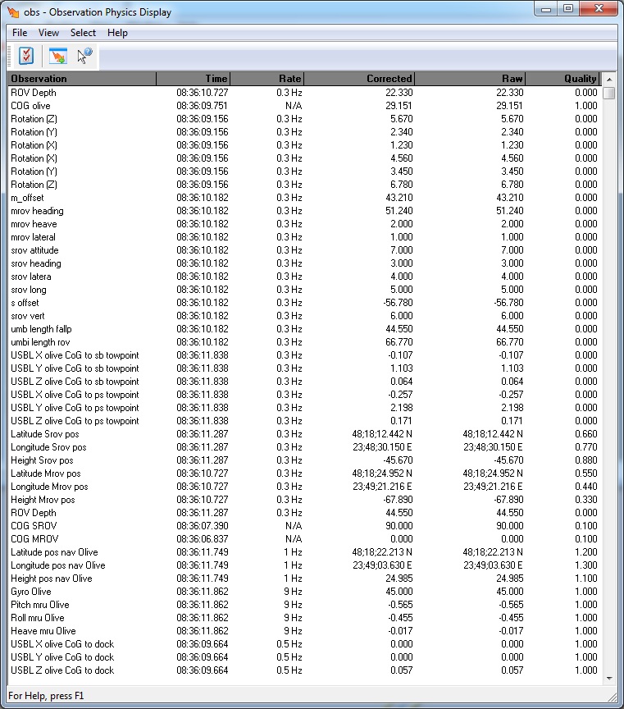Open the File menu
20,33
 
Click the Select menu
83,33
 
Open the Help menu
117,33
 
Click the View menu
48,33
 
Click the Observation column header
81,79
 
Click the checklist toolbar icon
26,56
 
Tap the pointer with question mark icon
84,56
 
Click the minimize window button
546,8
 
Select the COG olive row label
30,106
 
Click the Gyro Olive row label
31,592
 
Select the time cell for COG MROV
202,539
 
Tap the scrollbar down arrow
608,678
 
